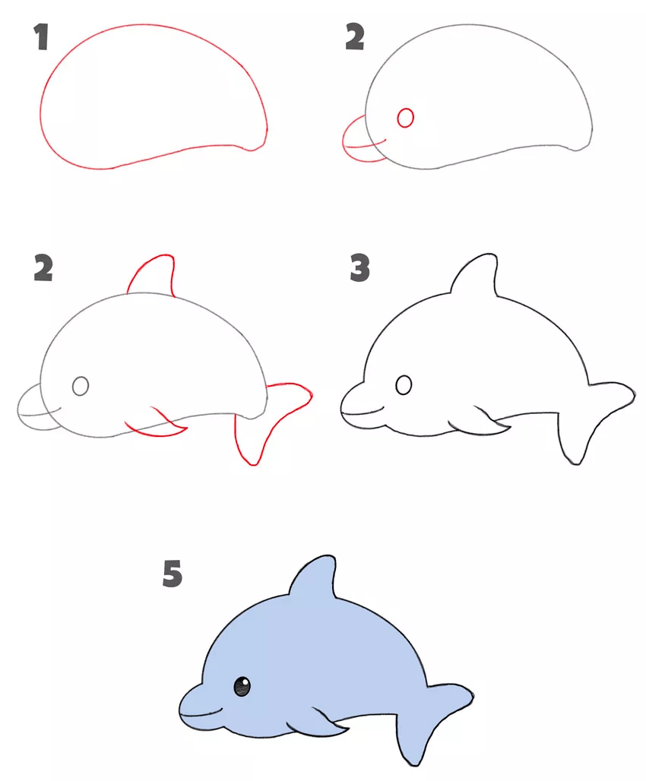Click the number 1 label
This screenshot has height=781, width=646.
42,37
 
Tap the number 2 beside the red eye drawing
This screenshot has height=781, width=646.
354,37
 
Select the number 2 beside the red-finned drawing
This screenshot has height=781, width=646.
43,267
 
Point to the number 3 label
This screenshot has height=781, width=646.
360,267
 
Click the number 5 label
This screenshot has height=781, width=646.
173,573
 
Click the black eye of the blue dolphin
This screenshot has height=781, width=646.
242,686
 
